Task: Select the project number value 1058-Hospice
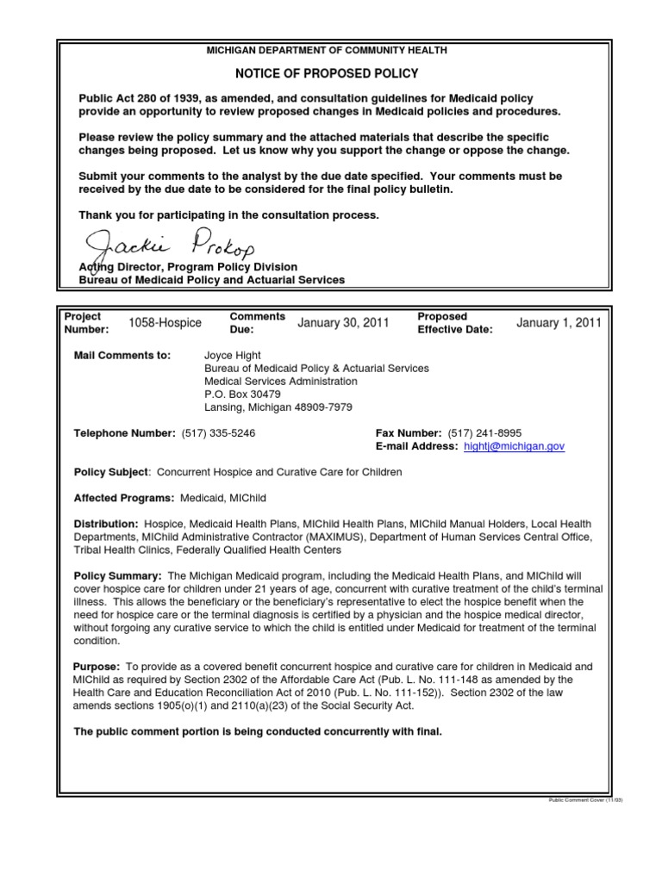[x=165, y=323]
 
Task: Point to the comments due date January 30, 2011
[x=343, y=323]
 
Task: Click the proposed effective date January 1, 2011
[x=559, y=323]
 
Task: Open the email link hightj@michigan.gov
[x=513, y=447]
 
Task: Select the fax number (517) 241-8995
[x=484, y=432]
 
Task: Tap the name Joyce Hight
[x=230, y=355]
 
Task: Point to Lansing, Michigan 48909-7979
[x=278, y=407]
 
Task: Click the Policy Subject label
[x=112, y=473]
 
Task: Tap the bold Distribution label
[x=106, y=524]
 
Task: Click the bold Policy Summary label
[x=117, y=575]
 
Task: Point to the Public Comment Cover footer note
[x=585, y=799]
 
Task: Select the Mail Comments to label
[x=123, y=355]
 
